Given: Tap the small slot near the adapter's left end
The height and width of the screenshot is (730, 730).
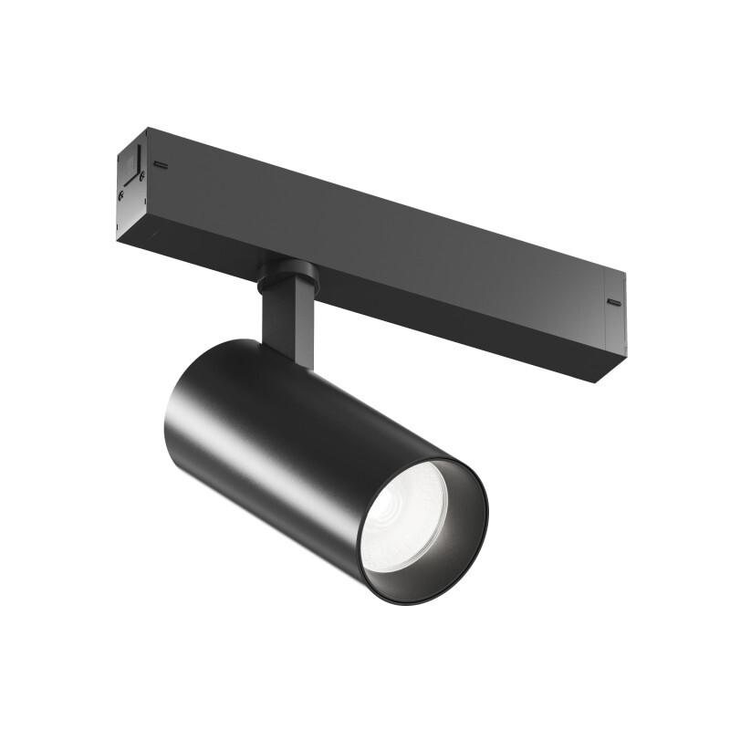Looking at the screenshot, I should (161, 165).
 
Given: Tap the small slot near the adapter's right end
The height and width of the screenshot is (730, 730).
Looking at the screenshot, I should (613, 301).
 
